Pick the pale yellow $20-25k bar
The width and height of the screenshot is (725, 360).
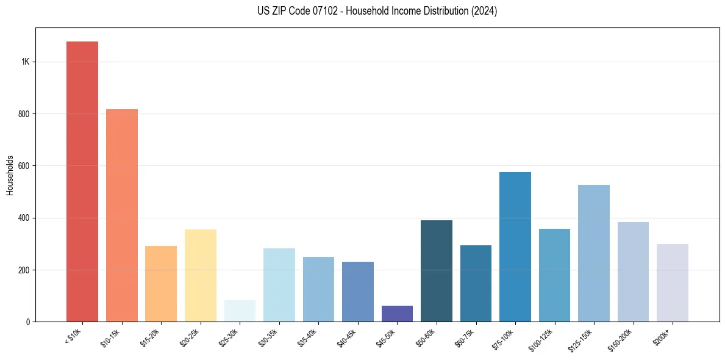[x=201, y=275]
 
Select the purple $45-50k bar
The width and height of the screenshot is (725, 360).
[x=397, y=314]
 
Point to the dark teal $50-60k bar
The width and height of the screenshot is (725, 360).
[x=437, y=271]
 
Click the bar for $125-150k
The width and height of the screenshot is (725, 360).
[x=594, y=253]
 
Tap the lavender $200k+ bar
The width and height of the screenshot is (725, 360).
[x=673, y=283]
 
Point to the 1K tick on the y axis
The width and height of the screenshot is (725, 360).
[x=25, y=62]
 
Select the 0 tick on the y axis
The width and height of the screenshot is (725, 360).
[x=28, y=322]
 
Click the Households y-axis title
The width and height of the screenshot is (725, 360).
[x=10, y=175]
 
